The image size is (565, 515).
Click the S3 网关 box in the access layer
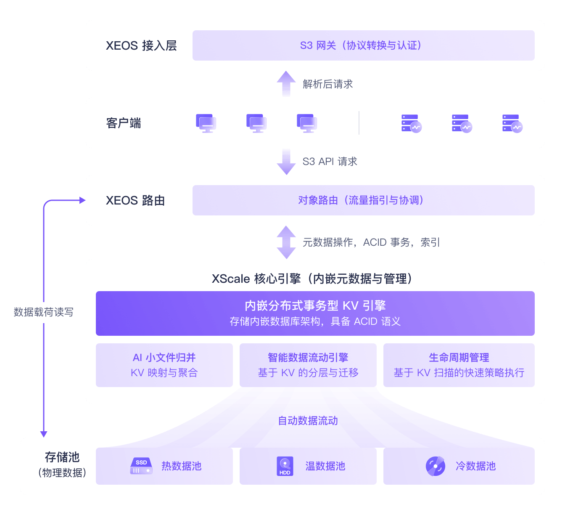[363, 45]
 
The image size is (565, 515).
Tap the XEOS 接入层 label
[141, 45]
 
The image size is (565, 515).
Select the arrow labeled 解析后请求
[286, 84]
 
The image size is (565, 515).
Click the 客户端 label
[124, 123]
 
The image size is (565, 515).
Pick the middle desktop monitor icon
[256, 123]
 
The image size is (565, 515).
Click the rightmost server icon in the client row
[512, 123]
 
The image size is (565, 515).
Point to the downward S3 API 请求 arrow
[286, 162]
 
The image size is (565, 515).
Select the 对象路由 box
[363, 200]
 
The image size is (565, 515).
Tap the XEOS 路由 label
[135, 200]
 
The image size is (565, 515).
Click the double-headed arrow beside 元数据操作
[286, 242]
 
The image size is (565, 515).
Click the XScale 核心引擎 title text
[312, 279]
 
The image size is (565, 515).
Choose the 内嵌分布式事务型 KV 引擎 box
[315, 313]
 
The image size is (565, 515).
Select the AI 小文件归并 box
[164, 365]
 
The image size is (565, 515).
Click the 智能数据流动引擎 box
[308, 365]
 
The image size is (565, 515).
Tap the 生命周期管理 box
[459, 365]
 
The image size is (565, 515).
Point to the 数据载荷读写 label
[43, 312]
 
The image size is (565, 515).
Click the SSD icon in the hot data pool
[141, 466]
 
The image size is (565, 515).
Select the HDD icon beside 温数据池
[285, 466]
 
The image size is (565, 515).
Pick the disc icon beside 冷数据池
[436, 466]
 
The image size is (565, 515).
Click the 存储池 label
[62, 457]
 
